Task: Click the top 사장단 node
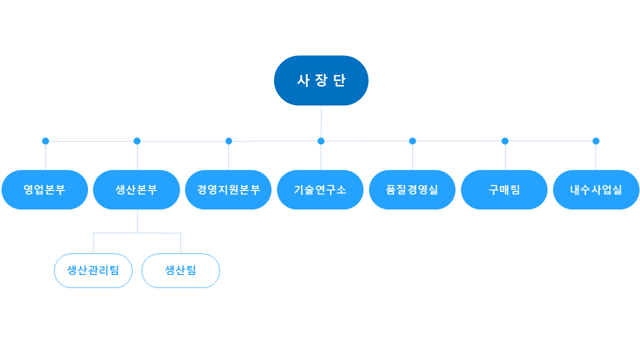pyautogui.click(x=321, y=80)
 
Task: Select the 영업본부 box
pyautogui.click(x=45, y=189)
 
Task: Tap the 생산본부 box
pyautogui.click(x=136, y=189)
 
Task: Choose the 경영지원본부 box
pyautogui.click(x=228, y=189)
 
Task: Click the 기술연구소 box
pyautogui.click(x=320, y=189)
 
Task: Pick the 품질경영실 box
pyautogui.click(x=412, y=189)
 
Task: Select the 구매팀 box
pyautogui.click(x=504, y=189)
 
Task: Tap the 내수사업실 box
pyautogui.click(x=596, y=189)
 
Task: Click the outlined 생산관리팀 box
pyautogui.click(x=93, y=270)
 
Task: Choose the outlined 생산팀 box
pyautogui.click(x=180, y=270)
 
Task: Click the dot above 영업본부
pyautogui.click(x=45, y=141)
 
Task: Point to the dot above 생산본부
pyautogui.click(x=137, y=141)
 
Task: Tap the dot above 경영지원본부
pyautogui.click(x=228, y=141)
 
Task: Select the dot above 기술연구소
pyautogui.click(x=321, y=141)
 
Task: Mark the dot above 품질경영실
pyautogui.click(x=412, y=141)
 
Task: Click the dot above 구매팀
pyautogui.click(x=505, y=141)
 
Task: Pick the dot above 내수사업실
pyautogui.click(x=595, y=141)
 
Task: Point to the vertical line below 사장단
pyautogui.click(x=321, y=121)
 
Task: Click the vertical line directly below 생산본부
pyautogui.click(x=137, y=221)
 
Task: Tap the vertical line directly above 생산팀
pyautogui.click(x=180, y=243)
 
